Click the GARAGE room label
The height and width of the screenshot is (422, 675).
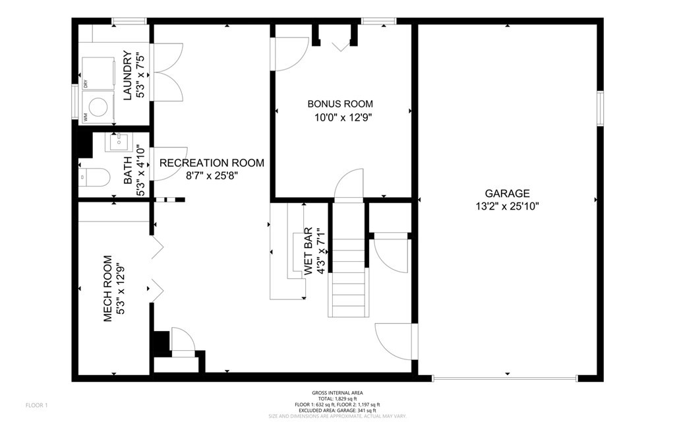pyautogui.click(x=507, y=193)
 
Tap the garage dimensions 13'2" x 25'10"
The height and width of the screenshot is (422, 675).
pyautogui.click(x=507, y=206)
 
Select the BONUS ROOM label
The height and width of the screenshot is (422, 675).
pyautogui.click(x=340, y=104)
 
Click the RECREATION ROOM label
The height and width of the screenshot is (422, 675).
pyautogui.click(x=212, y=163)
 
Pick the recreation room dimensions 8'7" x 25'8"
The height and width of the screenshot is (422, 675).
pyautogui.click(x=212, y=175)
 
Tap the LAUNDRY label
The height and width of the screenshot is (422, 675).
pyautogui.click(x=127, y=76)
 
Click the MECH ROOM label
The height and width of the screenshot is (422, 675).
pyautogui.click(x=107, y=289)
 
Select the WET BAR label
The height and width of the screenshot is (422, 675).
pyautogui.click(x=308, y=251)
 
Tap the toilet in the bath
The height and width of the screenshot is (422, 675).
pyautogui.click(x=96, y=177)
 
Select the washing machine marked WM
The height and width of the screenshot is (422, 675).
pyautogui.click(x=99, y=107)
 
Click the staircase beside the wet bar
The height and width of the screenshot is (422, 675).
pyautogui.click(x=347, y=277)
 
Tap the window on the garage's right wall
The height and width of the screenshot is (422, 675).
pyautogui.click(x=600, y=108)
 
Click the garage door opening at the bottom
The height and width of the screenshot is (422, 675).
pyautogui.click(x=504, y=378)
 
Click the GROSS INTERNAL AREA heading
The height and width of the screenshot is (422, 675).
pyautogui.click(x=337, y=393)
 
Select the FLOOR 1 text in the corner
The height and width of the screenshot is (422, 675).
pyautogui.click(x=36, y=404)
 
